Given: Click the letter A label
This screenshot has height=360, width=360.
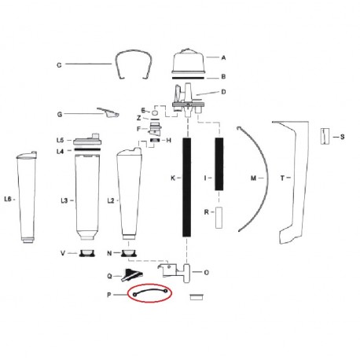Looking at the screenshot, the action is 223,57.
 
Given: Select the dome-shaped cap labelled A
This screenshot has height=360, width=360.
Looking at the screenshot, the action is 188,61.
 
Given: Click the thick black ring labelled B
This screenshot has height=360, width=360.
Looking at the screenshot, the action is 188,78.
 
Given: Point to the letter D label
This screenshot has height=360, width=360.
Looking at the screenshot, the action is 223,92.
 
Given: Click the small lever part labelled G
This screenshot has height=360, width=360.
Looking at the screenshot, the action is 108,112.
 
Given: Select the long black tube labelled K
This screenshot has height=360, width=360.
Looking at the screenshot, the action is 186,187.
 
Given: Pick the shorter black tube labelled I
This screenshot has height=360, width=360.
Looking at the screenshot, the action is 219,164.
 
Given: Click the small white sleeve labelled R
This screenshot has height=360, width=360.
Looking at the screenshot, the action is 219,218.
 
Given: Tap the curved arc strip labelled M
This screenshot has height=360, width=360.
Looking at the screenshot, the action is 268,178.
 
